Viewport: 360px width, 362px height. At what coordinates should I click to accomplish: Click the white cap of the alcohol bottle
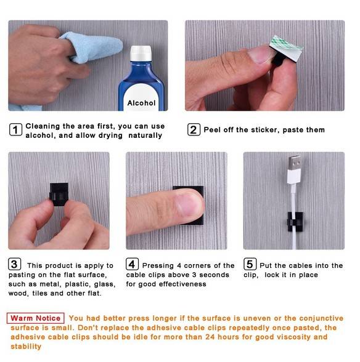[x=141, y=54]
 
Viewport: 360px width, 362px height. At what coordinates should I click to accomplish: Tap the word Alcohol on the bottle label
[x=141, y=103]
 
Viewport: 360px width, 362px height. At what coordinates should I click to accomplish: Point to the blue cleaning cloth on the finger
[x=91, y=47]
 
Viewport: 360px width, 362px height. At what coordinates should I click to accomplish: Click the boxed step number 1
[x=16, y=129]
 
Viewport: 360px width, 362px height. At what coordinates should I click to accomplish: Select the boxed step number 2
[x=194, y=129]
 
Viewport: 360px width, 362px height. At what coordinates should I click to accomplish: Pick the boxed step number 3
[x=15, y=264]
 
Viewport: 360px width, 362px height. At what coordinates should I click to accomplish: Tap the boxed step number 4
[x=132, y=264]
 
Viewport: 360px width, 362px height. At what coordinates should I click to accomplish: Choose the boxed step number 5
[x=250, y=264]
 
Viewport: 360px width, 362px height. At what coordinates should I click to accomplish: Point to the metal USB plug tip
[x=294, y=163]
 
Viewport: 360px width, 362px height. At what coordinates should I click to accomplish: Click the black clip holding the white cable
[x=295, y=222]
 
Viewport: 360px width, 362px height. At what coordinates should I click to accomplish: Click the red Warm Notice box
[x=35, y=318]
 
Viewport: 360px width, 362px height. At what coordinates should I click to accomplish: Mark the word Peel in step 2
[x=212, y=130]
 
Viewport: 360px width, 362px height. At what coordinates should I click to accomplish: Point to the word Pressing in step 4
[x=158, y=266]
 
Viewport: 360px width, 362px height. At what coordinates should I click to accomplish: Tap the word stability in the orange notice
[x=26, y=346]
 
